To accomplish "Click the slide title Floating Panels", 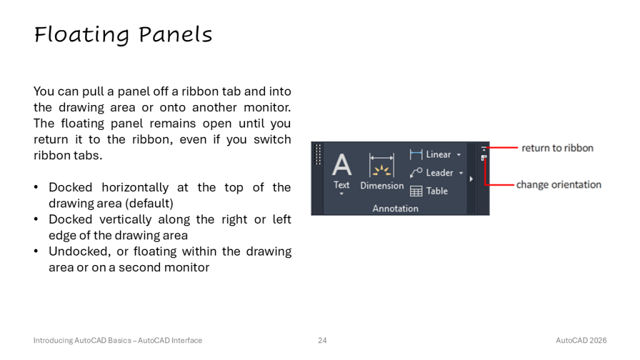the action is point(123,35).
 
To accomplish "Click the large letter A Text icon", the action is point(342,165).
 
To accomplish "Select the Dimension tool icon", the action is point(382,165).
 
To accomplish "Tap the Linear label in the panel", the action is point(438,154).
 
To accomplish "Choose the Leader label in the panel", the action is point(439,172).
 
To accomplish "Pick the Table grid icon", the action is point(416,191).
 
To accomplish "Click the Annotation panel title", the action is point(395,209).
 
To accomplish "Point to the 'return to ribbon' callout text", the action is point(557,148).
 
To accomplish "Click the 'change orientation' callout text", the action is point(559,185).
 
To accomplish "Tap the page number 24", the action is point(322,341).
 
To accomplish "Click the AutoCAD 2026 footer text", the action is point(581,341).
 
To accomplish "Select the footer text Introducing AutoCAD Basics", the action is point(82,341).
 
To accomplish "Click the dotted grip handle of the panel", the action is point(318,154).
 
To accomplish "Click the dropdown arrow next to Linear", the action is point(459,155).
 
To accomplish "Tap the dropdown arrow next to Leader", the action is point(461,173).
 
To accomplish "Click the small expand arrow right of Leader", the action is point(471,179).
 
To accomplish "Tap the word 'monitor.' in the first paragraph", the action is point(267,107).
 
